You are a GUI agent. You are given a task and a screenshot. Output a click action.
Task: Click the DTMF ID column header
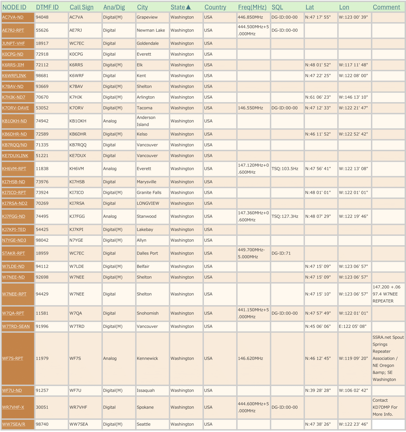pos(47,7)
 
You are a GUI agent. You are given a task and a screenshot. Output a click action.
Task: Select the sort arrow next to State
pos(188,7)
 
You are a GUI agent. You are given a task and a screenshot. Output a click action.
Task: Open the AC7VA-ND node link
pos(13,17)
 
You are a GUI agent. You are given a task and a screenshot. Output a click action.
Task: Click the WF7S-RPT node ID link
pos(13,358)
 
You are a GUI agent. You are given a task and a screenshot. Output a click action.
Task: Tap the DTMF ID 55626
pos(42,30)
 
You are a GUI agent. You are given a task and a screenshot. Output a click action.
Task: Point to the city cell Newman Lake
pos(151,30)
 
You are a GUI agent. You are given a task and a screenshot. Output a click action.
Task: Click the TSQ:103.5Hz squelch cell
pos(285,169)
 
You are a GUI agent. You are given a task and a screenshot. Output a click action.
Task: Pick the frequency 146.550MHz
pos(250,108)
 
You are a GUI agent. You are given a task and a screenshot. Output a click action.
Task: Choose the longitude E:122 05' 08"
pos(353,326)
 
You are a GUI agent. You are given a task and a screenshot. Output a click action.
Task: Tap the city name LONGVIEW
pos(148,203)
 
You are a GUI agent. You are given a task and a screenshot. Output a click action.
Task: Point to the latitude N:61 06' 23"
pos(318,97)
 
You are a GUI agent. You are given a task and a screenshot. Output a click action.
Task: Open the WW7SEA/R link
pos(14,424)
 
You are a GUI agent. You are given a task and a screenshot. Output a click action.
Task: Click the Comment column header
pos(386,7)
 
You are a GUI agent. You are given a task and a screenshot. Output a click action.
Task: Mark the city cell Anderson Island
pos(146,121)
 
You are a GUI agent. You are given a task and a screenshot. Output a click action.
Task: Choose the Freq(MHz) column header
pos(252,7)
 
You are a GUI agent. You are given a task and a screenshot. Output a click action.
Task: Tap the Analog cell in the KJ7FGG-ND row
pos(110,217)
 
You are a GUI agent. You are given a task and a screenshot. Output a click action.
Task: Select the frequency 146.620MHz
pos(250,358)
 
